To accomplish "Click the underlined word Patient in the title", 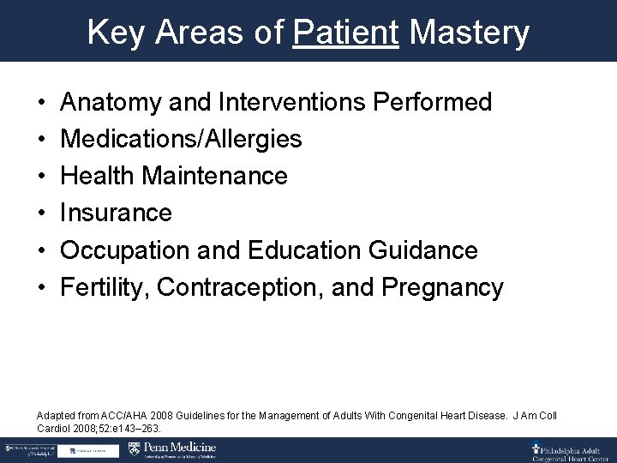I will (x=345, y=33).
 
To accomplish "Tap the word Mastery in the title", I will (x=470, y=33).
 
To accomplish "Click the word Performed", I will (x=433, y=103).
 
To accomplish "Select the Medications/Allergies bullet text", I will (x=181, y=139).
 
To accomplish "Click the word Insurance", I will (x=117, y=213).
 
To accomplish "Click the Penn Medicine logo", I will (x=171, y=449).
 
